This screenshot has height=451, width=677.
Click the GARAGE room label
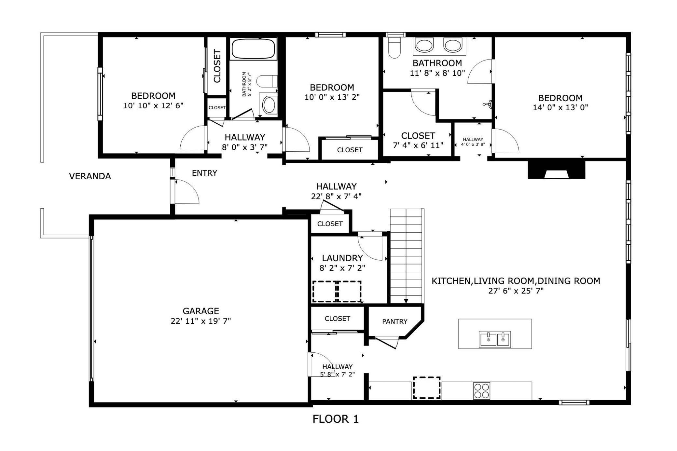200,311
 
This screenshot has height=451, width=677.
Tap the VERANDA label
90,176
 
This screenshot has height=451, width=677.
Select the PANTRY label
394,321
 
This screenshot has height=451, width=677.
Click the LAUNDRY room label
342,258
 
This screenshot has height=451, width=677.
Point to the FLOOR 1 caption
336,419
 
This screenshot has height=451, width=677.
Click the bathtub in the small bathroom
253,49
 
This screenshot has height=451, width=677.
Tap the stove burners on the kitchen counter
481,391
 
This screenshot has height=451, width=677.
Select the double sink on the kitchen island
495,339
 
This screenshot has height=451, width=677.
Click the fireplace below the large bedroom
557,170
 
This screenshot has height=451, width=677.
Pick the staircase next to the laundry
407,256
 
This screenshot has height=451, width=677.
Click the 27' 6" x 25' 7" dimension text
516,291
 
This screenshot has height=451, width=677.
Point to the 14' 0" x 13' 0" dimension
560,107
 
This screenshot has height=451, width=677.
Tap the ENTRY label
204,173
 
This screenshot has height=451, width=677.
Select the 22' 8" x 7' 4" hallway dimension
336,196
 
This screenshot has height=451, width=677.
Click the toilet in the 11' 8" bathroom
394,48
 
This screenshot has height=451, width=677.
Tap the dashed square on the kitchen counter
426,388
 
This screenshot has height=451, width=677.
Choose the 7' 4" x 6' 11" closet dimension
418,145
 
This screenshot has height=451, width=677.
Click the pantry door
387,342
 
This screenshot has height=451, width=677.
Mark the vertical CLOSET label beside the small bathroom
217,66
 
